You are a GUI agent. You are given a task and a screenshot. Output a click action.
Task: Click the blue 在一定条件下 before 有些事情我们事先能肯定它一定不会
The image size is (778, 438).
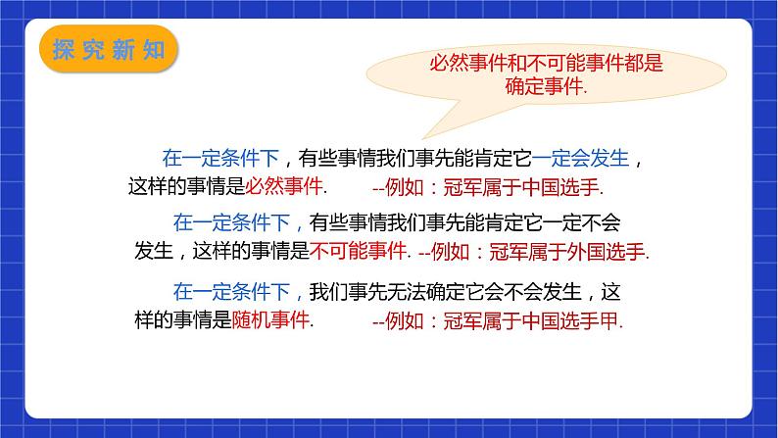click(x=233, y=221)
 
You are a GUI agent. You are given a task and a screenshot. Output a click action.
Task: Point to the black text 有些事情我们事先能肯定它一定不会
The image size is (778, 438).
click(x=465, y=221)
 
